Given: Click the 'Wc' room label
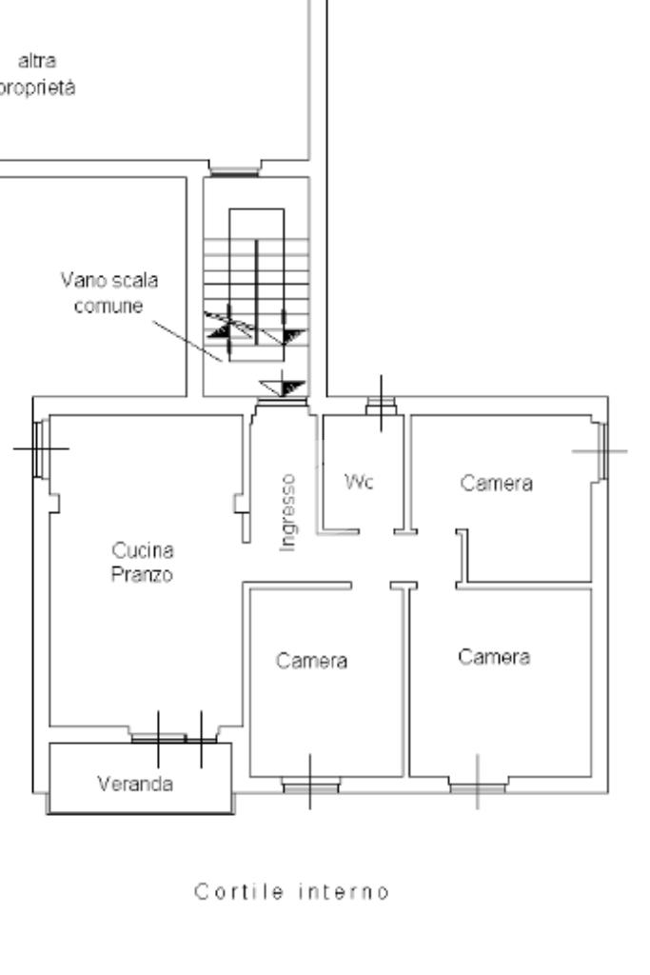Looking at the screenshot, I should [361, 482].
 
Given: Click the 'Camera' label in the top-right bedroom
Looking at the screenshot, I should [497, 483].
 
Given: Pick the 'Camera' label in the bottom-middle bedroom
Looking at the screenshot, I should [312, 660].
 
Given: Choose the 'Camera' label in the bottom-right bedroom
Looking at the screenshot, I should [493, 656].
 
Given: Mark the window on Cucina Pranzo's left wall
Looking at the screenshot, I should [39, 448].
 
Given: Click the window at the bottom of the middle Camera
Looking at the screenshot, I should [310, 786].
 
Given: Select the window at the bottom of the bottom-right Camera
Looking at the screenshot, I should [477, 786].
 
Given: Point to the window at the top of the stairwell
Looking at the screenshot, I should [233, 171].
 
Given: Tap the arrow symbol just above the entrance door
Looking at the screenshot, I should [283, 387].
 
